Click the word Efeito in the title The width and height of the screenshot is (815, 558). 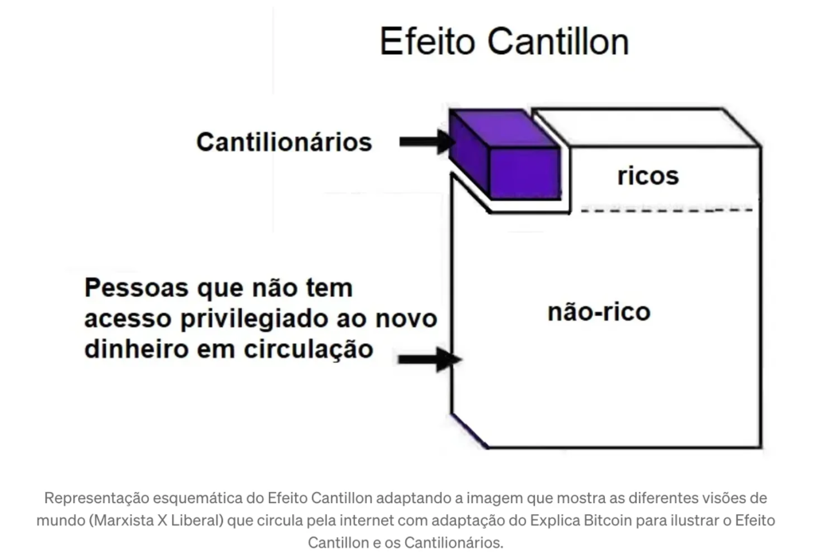[x=427, y=41]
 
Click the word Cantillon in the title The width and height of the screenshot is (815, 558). [x=558, y=41]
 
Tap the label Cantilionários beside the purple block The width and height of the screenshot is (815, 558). [x=284, y=142]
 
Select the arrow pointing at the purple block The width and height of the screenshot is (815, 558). [x=427, y=142]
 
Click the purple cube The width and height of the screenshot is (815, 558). [x=505, y=154]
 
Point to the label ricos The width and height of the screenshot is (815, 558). [x=648, y=176]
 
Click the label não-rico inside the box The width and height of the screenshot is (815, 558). [x=599, y=312]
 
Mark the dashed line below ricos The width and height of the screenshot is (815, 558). [x=667, y=210]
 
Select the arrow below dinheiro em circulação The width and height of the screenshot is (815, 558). [x=430, y=359]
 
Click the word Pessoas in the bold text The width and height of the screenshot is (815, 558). [x=136, y=287]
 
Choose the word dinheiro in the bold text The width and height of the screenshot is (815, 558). [x=136, y=349]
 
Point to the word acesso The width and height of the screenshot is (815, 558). [x=128, y=318]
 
